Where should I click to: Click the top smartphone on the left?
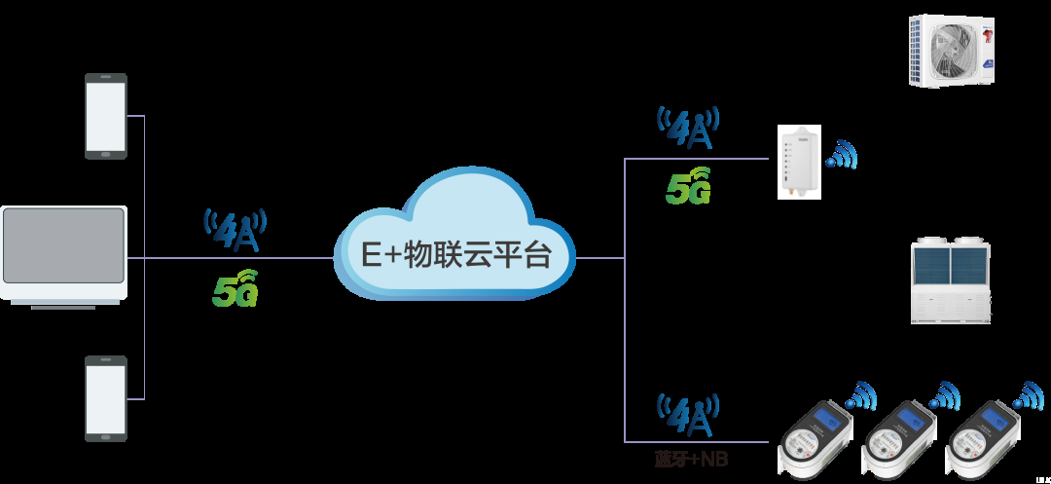pos(105,116)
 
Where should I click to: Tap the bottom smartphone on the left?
pos(105,398)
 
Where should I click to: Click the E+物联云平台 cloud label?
pos(456,255)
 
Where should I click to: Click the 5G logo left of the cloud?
pos(235,288)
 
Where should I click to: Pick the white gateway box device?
pos(799,162)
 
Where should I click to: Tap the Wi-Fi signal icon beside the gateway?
pos(843,155)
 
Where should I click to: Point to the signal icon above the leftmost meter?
pos(860,395)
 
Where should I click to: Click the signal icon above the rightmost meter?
pos(1028,395)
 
